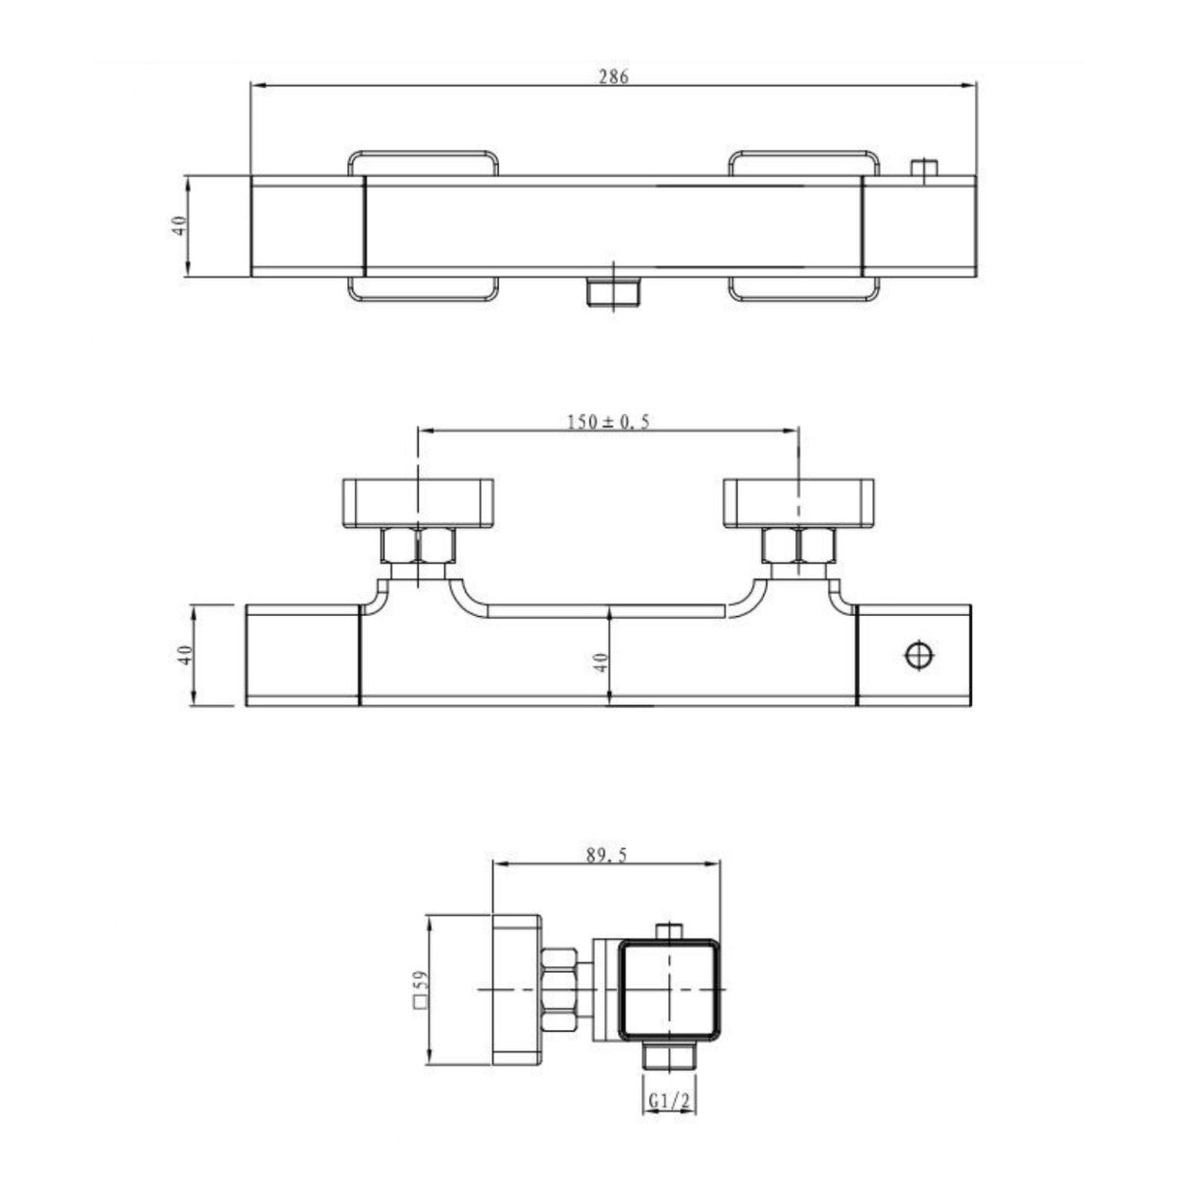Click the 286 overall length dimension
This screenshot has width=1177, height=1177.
coord(614,77)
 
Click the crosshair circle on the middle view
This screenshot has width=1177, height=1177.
coord(919,653)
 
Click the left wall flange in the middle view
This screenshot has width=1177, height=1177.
coord(421,501)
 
